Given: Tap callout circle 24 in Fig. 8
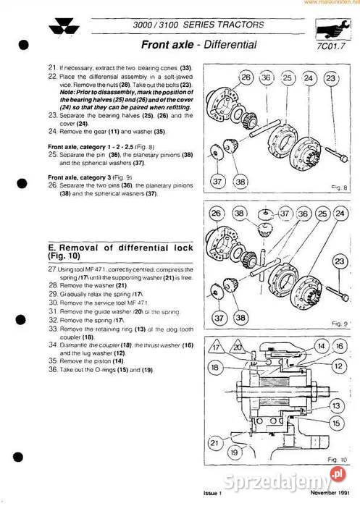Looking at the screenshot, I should pyautogui.click(x=309, y=77).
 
